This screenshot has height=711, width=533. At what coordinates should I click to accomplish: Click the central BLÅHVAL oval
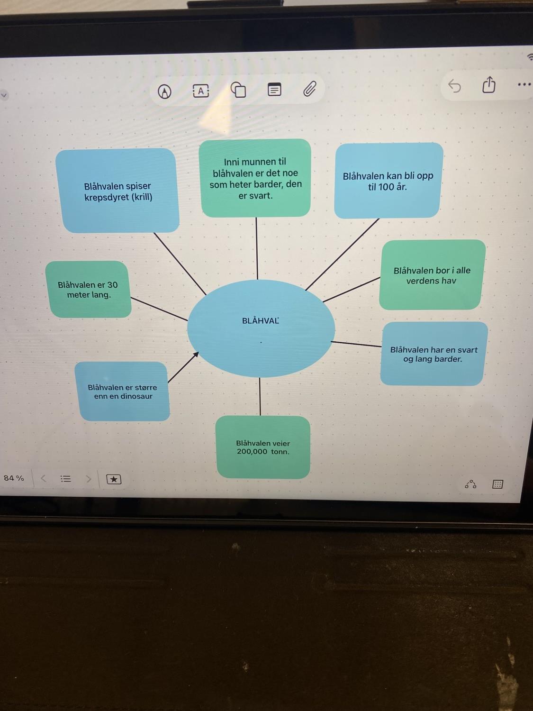[x=261, y=328]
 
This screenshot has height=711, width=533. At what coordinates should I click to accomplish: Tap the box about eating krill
[x=117, y=191]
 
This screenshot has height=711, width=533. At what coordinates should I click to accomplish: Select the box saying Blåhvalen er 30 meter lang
[x=89, y=289]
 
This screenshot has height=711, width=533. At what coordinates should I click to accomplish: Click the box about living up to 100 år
[x=388, y=181]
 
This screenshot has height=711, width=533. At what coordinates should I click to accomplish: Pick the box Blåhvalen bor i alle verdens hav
[x=432, y=275]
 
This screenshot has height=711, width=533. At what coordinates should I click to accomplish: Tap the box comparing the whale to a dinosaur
[x=122, y=392]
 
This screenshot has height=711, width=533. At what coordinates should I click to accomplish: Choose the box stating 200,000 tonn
[x=263, y=447]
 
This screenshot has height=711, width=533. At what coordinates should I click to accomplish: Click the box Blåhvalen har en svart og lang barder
[x=434, y=354]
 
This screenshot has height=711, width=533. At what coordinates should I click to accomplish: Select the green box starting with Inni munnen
[x=255, y=178]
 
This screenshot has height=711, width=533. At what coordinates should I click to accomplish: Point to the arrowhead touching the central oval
[x=196, y=354]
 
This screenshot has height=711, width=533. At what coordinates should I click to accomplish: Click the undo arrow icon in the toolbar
[x=454, y=86]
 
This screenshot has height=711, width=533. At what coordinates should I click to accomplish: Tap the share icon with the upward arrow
[x=488, y=85]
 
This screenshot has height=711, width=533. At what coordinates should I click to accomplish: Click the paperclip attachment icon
[x=310, y=89]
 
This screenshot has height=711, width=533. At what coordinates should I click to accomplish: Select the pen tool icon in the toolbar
[x=164, y=91]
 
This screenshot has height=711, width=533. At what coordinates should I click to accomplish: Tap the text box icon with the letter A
[x=201, y=91]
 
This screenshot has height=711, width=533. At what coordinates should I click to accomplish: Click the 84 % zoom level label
[x=14, y=478]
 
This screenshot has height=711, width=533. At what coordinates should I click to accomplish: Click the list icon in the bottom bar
[x=66, y=479]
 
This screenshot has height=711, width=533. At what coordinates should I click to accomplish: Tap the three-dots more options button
[x=524, y=84]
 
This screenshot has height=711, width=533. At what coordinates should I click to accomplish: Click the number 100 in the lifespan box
[x=386, y=187]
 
